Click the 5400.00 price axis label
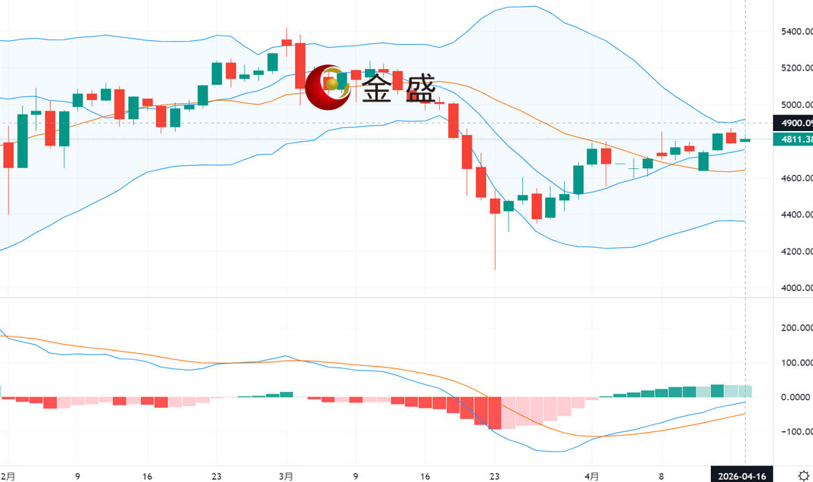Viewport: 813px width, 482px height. click(796, 32)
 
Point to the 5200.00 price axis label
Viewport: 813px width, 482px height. click(796, 68)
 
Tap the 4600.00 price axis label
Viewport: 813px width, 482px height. click(796, 178)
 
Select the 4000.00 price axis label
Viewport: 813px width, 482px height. click(796, 288)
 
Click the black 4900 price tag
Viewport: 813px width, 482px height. click(793, 123)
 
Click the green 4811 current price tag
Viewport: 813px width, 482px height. click(793, 139)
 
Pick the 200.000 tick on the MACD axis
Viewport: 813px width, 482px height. click(797, 328)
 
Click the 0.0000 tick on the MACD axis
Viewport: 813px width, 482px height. click(797, 397)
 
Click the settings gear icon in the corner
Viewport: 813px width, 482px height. click(802, 475)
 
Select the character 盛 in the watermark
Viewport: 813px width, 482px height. click(420, 89)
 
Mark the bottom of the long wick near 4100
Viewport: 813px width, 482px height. click(495, 269)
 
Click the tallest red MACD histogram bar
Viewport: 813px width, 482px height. click(494, 413)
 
